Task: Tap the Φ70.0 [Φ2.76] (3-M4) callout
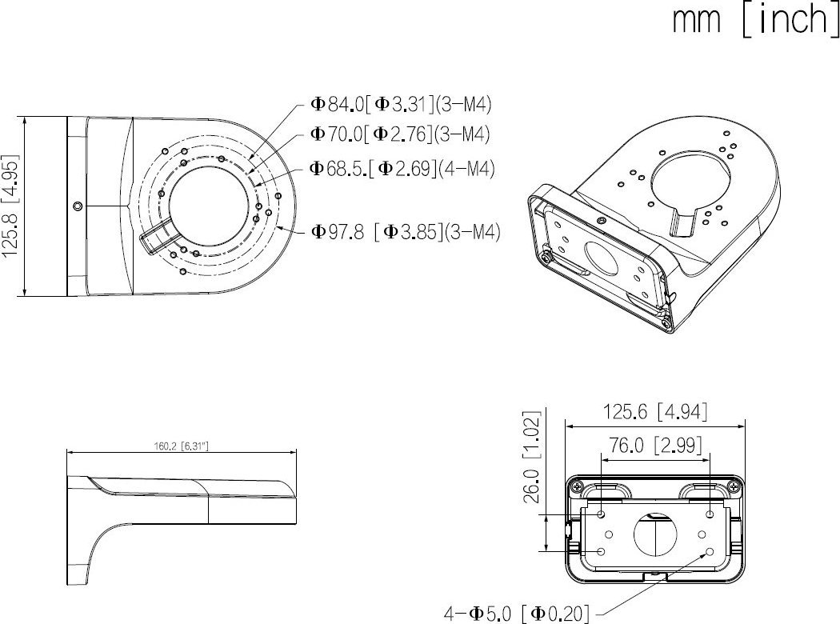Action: (x=400, y=134)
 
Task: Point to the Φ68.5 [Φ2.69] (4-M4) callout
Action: (x=402, y=168)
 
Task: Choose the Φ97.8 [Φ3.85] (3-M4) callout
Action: (x=406, y=232)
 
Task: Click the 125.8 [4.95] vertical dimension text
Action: (x=12, y=206)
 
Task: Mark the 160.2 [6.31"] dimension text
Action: (x=181, y=446)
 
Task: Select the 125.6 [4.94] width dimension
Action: (x=655, y=412)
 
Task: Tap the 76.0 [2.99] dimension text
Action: (x=655, y=446)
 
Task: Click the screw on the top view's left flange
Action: (x=77, y=206)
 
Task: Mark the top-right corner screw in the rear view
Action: (x=734, y=486)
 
